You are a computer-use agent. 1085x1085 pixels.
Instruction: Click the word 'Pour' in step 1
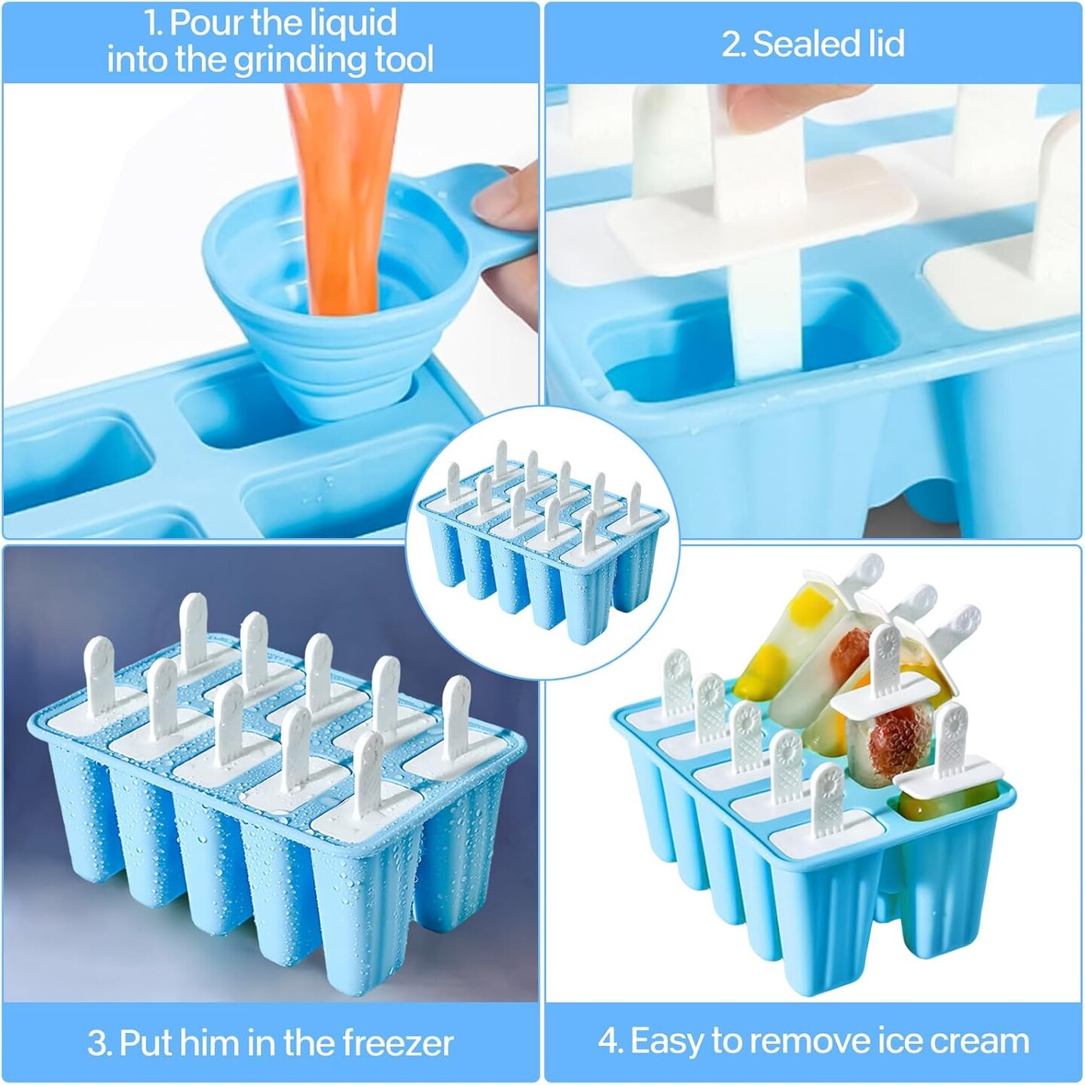[x=206, y=23]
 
